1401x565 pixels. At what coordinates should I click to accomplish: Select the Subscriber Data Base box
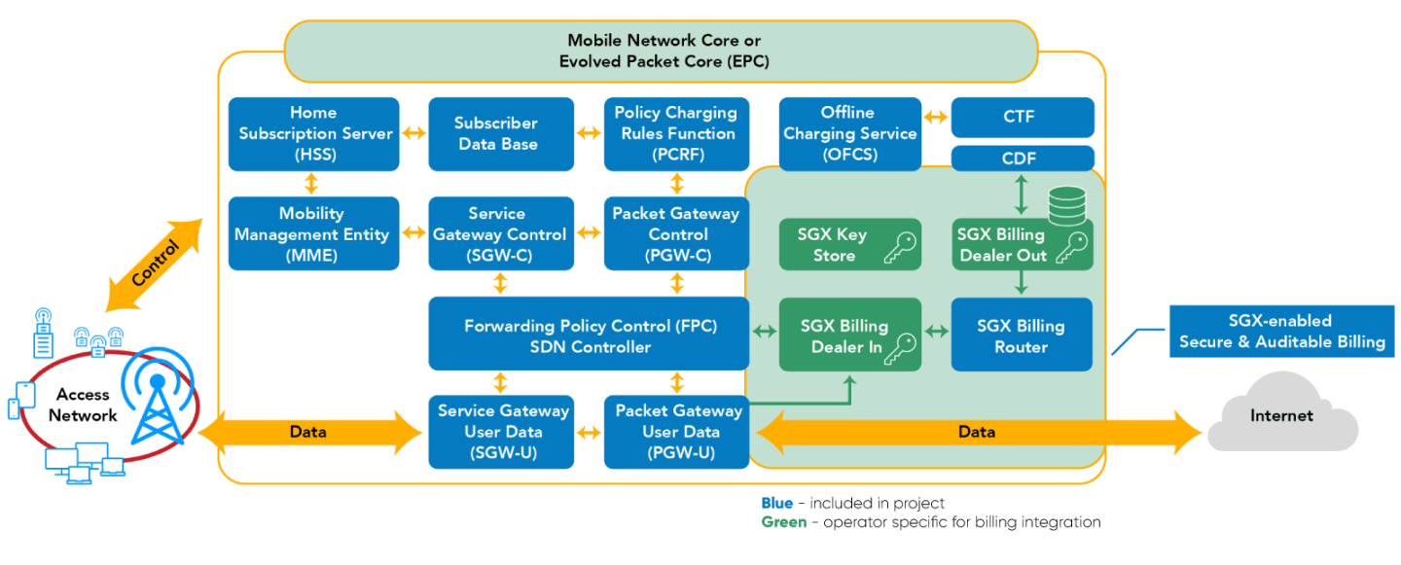pos(495,133)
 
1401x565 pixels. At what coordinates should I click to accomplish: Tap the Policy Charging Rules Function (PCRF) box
pos(675,133)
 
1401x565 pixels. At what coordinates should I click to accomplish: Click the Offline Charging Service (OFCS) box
pos(849,133)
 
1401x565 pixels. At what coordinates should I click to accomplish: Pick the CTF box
pos(1021,118)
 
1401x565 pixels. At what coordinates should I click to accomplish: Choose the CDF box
pos(1021,159)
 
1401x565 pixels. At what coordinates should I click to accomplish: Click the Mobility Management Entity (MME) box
pos(313,234)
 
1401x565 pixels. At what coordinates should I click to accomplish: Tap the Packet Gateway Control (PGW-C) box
pos(675,234)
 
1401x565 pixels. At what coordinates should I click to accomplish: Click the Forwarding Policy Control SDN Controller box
pos(588,335)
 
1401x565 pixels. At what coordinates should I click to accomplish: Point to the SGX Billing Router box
pos(1021,335)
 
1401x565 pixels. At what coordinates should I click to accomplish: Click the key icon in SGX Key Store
pos(901,249)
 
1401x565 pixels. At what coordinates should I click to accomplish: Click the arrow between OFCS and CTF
pos(935,118)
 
